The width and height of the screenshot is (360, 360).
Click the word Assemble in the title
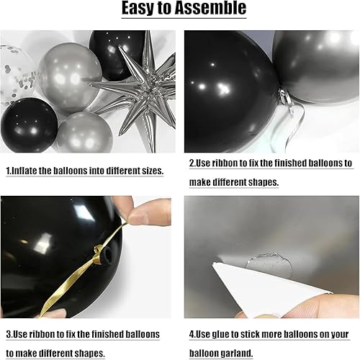tap(210, 8)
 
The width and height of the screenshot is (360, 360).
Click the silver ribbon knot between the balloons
tap(286, 99)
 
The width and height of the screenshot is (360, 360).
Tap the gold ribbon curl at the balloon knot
tap(98, 254)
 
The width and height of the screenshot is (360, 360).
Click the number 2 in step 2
tap(192, 163)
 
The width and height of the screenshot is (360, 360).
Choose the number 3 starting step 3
tap(9, 334)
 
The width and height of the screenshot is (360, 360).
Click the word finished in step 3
tap(104, 334)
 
